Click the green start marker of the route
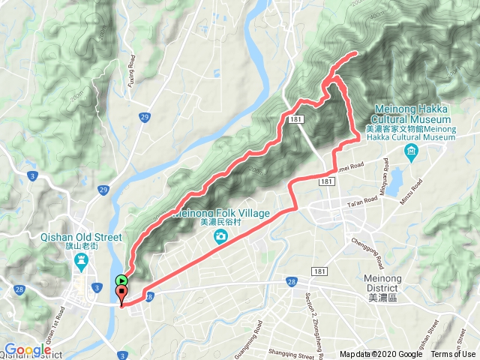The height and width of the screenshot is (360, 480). point(121,281)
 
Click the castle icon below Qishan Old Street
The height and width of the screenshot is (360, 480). point(81,262)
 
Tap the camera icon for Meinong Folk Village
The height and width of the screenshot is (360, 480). point(220,237)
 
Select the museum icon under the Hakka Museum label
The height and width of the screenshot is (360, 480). point(411,154)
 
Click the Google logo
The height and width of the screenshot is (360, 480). point(27,349)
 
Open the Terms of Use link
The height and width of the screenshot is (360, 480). point(453,355)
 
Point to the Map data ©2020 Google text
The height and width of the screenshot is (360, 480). point(381,355)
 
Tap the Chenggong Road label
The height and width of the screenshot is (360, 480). point(367,253)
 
